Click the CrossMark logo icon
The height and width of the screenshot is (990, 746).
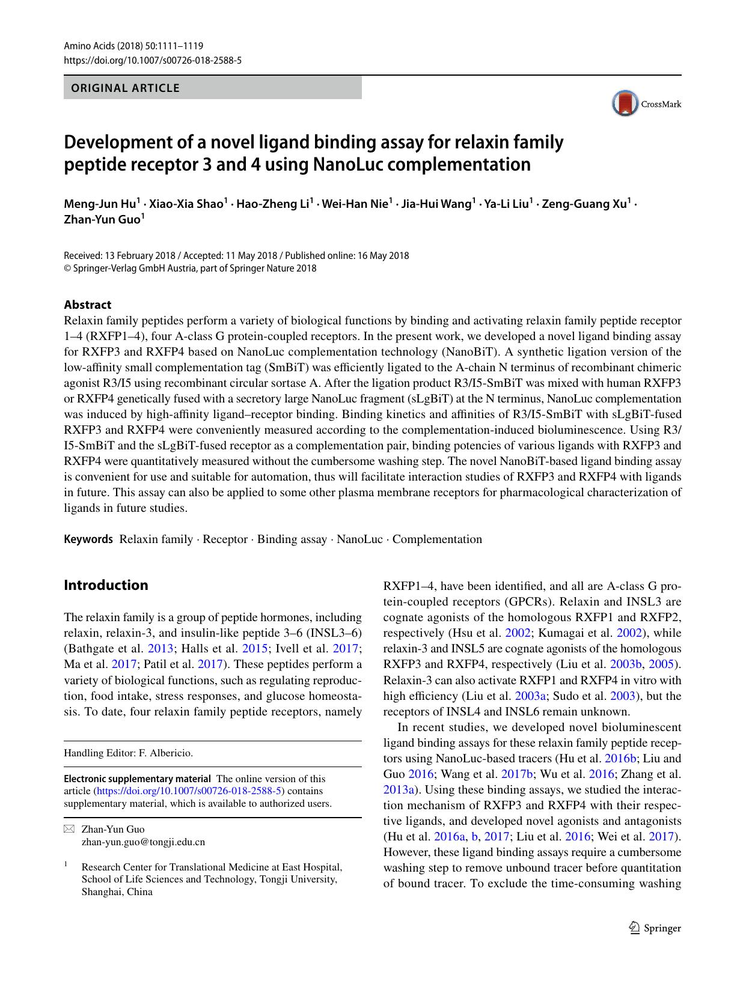[625, 103]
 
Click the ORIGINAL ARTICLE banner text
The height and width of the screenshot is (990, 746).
[125, 88]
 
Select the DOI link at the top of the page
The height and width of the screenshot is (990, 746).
[153, 60]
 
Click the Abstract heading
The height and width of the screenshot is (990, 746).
[87, 305]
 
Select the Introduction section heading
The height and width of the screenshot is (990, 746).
[106, 585]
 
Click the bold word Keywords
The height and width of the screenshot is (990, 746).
[88, 539]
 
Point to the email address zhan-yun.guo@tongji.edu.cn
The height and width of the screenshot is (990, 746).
[143, 842]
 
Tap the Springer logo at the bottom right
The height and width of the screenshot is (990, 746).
[655, 928]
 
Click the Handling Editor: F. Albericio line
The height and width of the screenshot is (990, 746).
[129, 753]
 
